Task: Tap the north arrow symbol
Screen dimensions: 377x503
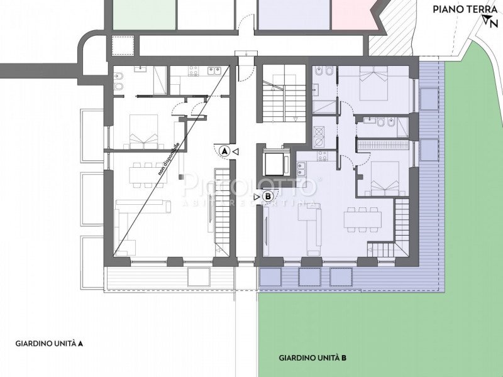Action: tap(489, 22)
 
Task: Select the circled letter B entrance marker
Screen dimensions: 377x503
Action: tap(268, 197)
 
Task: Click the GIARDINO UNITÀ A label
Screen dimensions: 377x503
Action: tap(50, 344)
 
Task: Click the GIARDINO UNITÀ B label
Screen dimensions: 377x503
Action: tap(312, 358)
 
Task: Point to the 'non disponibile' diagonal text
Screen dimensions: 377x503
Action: tap(170, 161)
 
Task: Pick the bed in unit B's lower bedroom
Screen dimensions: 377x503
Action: tap(383, 179)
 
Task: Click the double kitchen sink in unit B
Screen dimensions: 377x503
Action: tap(301, 168)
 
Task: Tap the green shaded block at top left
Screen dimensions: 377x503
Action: tap(143, 13)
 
